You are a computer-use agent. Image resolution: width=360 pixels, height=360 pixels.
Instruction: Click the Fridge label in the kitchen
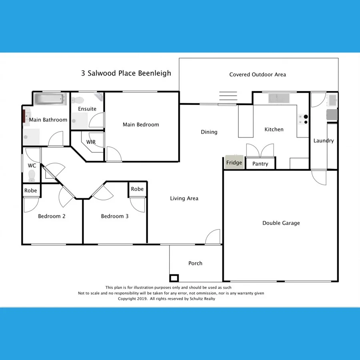tap(234, 163)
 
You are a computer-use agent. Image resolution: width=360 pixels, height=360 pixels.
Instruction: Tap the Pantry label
tap(260, 164)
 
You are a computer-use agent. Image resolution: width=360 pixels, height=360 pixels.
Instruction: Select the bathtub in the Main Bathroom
tap(49, 98)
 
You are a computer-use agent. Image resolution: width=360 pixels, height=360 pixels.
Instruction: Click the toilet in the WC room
tap(32, 176)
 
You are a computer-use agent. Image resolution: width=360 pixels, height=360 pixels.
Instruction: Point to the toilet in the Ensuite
tap(79, 100)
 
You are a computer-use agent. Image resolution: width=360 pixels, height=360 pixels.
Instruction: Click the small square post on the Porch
tap(174, 278)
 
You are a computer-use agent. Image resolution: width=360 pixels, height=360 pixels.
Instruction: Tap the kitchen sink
tap(279, 98)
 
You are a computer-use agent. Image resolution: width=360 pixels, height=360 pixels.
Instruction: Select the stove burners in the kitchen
tap(303, 119)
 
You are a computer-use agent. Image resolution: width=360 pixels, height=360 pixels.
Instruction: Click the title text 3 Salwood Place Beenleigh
tap(126, 73)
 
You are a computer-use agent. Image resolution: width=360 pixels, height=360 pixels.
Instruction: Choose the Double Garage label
tap(281, 223)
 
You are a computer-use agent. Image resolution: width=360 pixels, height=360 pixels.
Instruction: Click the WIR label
tap(91, 142)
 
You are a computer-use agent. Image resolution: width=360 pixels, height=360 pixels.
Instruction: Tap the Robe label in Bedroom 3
tap(137, 189)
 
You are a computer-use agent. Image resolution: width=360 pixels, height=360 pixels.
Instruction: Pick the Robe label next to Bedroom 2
tap(31, 190)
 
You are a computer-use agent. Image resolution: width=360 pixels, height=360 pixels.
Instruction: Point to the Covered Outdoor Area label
tap(257, 74)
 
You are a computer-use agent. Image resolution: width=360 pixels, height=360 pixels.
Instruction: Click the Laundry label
tap(323, 141)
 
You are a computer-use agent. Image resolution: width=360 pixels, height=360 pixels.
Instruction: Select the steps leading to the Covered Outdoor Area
tap(228, 97)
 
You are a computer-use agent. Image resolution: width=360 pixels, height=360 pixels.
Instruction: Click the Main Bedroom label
tap(141, 124)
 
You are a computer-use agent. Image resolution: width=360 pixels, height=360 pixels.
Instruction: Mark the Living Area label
tap(184, 198)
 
